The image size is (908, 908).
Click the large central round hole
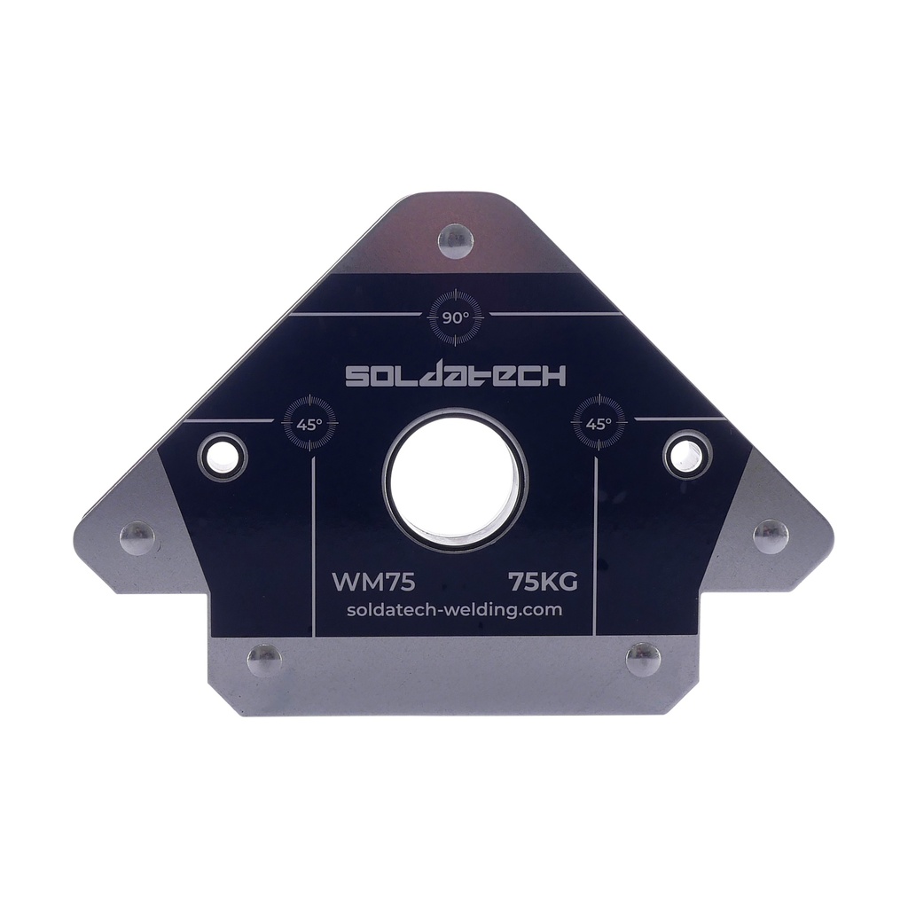click(455, 480)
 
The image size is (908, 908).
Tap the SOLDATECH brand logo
click(455, 376)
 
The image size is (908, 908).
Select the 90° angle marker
click(455, 317)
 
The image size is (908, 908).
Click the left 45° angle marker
click(309, 423)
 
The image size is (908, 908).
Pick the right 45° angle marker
click(599, 423)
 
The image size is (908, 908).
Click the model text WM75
click(373, 582)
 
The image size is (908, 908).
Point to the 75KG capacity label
click(543, 582)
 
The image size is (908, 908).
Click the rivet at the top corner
click(456, 240)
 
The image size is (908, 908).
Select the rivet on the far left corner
click(137, 537)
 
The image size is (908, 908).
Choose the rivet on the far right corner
click(771, 536)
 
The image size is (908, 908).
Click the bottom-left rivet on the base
click(263, 660)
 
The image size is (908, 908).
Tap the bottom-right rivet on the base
click(643, 660)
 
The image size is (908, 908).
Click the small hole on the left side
click(222, 456)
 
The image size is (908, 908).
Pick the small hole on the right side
click(687, 454)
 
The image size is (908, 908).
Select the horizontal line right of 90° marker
click(553, 314)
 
